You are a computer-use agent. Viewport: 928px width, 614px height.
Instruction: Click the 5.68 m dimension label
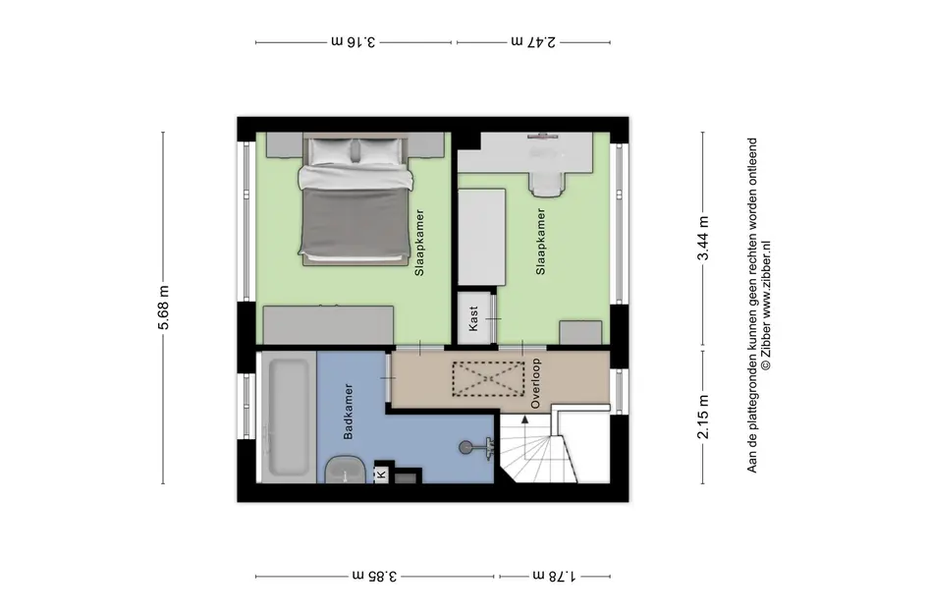(x=164, y=307)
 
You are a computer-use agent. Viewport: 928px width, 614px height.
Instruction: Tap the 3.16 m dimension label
(x=354, y=41)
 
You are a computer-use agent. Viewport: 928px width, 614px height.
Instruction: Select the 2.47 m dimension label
(x=533, y=41)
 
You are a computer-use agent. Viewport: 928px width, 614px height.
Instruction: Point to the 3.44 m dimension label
(x=703, y=238)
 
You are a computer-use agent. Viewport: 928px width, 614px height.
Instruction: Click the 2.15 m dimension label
(x=703, y=417)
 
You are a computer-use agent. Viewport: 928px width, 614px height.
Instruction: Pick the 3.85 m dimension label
(x=375, y=576)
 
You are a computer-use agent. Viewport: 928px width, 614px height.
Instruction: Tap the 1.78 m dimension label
(x=555, y=576)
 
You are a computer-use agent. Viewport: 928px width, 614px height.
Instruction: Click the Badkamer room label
(x=348, y=412)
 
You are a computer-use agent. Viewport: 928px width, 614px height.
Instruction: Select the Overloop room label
(x=535, y=384)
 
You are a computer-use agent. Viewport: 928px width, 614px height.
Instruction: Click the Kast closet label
(x=473, y=318)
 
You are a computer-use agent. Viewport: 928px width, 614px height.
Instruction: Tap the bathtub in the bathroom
(x=289, y=417)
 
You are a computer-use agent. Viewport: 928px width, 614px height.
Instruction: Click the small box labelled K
(x=382, y=474)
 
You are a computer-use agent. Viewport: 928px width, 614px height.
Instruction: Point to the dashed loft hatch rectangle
(x=488, y=379)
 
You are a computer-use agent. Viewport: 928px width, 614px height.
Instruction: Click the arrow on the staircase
(x=524, y=419)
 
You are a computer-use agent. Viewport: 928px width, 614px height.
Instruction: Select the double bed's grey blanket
(x=355, y=221)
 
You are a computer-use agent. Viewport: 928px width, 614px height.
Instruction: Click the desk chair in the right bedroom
(x=546, y=178)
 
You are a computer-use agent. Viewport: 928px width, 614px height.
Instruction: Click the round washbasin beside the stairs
(x=466, y=447)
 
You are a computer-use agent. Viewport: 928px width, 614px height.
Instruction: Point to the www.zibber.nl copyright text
(x=765, y=305)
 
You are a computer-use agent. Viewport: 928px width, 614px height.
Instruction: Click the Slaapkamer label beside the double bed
(x=419, y=243)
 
